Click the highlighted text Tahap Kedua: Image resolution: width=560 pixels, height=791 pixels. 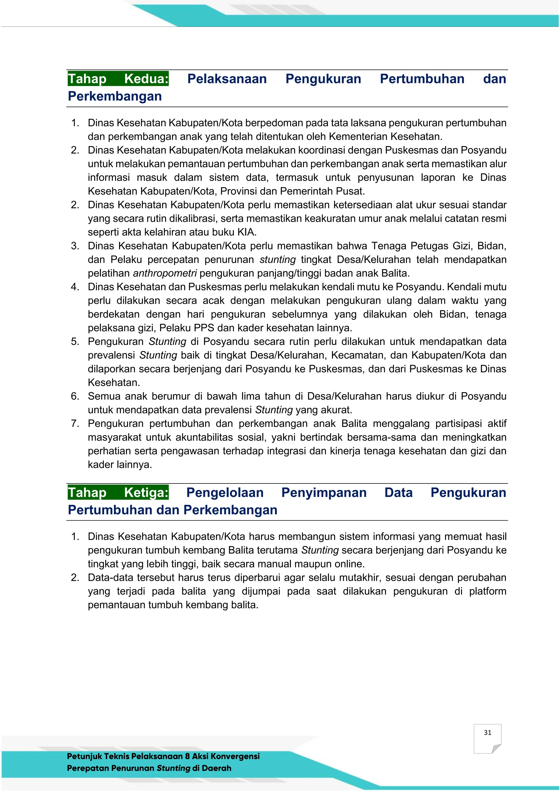(x=118, y=79)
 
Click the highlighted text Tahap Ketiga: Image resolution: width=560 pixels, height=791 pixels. (x=118, y=492)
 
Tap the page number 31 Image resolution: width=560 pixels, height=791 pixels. (x=487, y=733)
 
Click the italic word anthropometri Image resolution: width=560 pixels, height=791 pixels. (x=165, y=273)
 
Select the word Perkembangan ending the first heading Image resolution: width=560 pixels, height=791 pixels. (x=115, y=96)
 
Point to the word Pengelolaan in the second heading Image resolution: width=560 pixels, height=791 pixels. (x=225, y=492)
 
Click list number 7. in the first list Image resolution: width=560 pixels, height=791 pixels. (x=75, y=423)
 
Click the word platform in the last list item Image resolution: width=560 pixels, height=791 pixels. (x=488, y=591)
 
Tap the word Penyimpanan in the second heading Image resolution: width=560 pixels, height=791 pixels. (x=324, y=492)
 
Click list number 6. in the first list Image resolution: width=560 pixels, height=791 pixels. (x=75, y=396)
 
